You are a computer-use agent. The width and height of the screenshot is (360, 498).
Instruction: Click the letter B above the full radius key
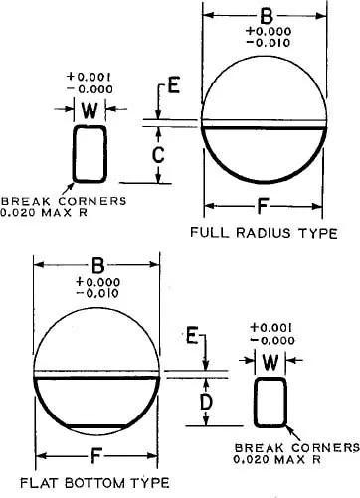click(x=267, y=16)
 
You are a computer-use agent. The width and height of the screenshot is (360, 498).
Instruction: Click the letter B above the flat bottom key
click(x=97, y=265)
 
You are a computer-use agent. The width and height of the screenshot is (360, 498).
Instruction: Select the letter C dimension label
click(x=158, y=155)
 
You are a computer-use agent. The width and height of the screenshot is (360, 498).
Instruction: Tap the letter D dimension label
click(x=207, y=402)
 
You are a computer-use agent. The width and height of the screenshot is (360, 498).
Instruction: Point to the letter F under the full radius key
click(x=263, y=206)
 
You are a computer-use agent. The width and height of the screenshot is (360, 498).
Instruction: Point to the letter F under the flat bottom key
click(x=95, y=456)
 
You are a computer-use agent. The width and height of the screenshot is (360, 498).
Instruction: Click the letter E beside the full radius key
click(x=174, y=84)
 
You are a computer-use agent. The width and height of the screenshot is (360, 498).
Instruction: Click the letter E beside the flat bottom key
click(x=192, y=335)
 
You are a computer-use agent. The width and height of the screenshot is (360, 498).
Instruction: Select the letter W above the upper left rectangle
click(x=90, y=110)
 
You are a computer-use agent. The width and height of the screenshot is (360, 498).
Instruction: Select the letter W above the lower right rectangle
click(x=270, y=362)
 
